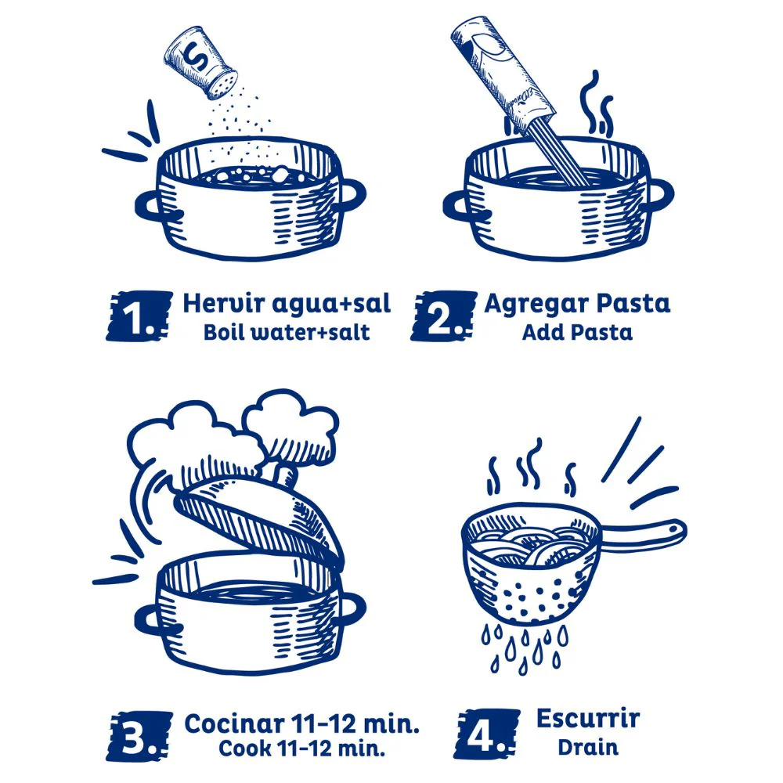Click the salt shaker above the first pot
(200, 63)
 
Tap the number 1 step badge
(139, 316)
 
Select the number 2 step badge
(443, 316)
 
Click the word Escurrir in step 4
(588, 719)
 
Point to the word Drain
(588, 747)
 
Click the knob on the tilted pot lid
(286, 474)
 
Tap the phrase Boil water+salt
(287, 332)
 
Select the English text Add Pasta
(577, 332)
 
